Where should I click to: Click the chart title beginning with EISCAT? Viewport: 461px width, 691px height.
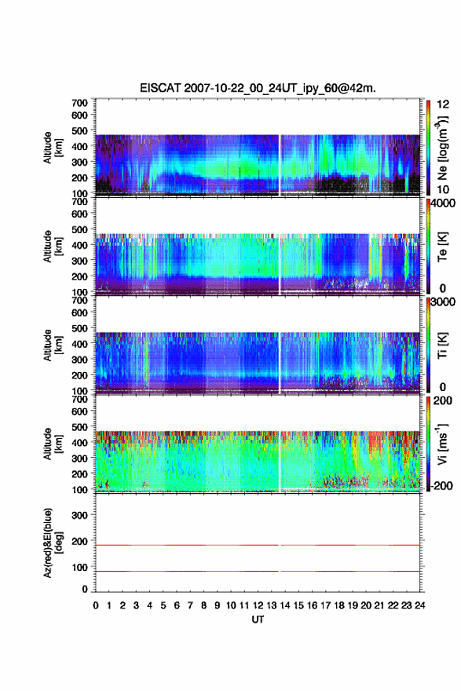coord(258,88)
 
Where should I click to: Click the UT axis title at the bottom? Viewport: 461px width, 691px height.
coord(258,620)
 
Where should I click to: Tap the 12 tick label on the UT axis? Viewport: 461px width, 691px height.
coord(258,605)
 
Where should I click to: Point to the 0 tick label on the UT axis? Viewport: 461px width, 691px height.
coord(96,605)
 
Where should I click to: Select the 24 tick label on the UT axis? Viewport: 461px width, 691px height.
coord(419,605)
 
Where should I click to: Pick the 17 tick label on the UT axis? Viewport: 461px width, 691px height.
coord(325,605)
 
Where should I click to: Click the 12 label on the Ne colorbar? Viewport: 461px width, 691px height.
coord(443,104)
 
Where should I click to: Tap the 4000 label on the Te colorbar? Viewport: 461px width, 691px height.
coord(443,203)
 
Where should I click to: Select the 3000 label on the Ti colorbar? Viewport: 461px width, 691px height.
coord(443,302)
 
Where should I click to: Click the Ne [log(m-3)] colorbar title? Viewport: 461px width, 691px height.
coord(442,148)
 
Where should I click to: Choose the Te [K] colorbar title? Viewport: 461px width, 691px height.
coord(442,247)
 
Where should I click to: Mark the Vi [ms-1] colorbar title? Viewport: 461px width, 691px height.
coord(442,444)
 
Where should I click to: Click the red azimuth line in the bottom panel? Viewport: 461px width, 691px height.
coord(258,545)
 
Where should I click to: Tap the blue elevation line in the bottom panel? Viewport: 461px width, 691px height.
coord(258,571)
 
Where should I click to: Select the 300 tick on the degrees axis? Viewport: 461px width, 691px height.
coord(79,515)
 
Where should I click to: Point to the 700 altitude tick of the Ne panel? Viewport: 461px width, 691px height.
coord(79,103)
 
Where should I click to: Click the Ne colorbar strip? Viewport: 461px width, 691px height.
coord(428,147)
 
